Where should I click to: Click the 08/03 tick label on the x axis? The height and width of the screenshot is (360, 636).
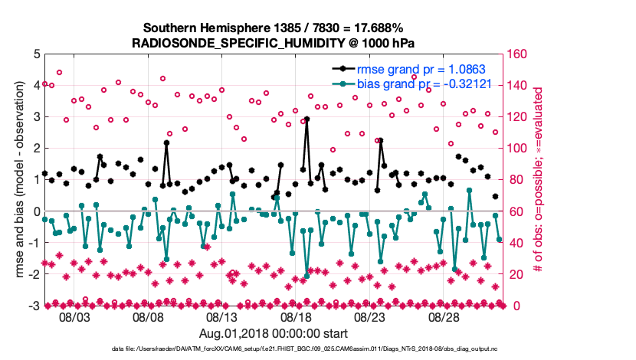tap(75, 316)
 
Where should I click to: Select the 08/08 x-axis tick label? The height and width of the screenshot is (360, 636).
tap(149, 316)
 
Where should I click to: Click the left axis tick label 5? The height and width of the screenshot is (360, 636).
tap(37, 54)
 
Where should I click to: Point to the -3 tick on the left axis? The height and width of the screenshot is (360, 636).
tap(34, 306)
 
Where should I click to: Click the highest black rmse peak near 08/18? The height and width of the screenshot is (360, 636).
tap(307, 119)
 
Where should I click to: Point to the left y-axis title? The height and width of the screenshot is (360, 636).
tap(13, 180)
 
